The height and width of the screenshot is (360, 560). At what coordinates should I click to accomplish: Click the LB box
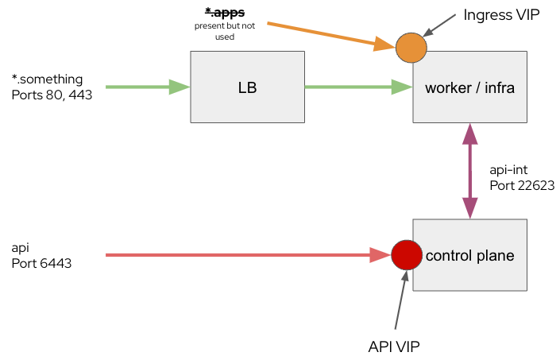pos(247,87)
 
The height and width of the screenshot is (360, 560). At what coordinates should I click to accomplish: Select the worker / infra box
pos(470,87)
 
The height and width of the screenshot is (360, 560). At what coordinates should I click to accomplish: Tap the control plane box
pos(470,255)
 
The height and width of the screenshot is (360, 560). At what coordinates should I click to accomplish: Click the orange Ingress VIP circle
pos(411,47)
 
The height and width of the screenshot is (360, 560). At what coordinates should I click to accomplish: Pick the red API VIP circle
pos(405,255)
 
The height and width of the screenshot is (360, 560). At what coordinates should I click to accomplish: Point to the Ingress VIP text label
pos(501,15)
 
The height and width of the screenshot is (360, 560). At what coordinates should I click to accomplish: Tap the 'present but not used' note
pos(225,31)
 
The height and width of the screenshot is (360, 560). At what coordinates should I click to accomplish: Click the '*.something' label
pos(47,79)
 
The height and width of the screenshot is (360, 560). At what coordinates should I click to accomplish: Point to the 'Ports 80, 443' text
pos(52,95)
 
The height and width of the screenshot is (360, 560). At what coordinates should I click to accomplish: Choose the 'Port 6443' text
pos(42,263)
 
